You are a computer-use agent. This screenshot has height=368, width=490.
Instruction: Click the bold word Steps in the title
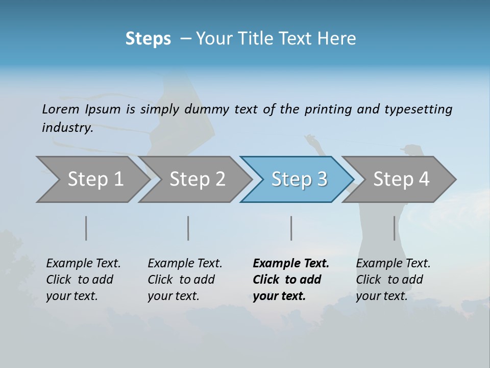click(x=148, y=39)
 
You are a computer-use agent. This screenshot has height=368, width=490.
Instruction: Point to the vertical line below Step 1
click(x=86, y=228)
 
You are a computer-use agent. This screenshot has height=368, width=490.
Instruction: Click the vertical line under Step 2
click(x=188, y=228)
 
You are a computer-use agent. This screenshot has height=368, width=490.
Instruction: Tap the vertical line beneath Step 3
click(x=291, y=228)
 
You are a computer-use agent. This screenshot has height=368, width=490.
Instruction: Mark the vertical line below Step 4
click(x=395, y=228)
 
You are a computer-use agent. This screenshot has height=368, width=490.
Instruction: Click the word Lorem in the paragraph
click(x=61, y=109)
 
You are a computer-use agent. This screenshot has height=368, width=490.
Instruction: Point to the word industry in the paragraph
click(x=67, y=128)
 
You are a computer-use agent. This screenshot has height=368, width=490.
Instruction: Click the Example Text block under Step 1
click(x=83, y=279)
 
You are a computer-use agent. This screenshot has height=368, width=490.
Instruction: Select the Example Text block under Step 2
click(x=185, y=279)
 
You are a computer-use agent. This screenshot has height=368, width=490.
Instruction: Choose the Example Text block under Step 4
click(x=393, y=279)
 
